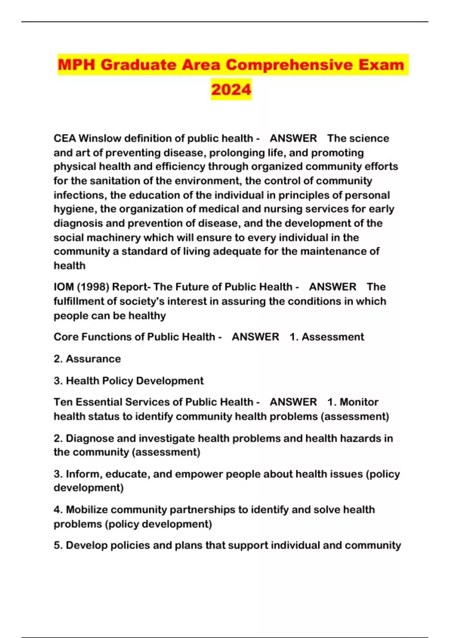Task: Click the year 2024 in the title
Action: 231,89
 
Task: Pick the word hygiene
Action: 75,209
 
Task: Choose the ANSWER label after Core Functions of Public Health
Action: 255,337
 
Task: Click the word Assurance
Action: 93,359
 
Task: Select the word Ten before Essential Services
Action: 61,402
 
